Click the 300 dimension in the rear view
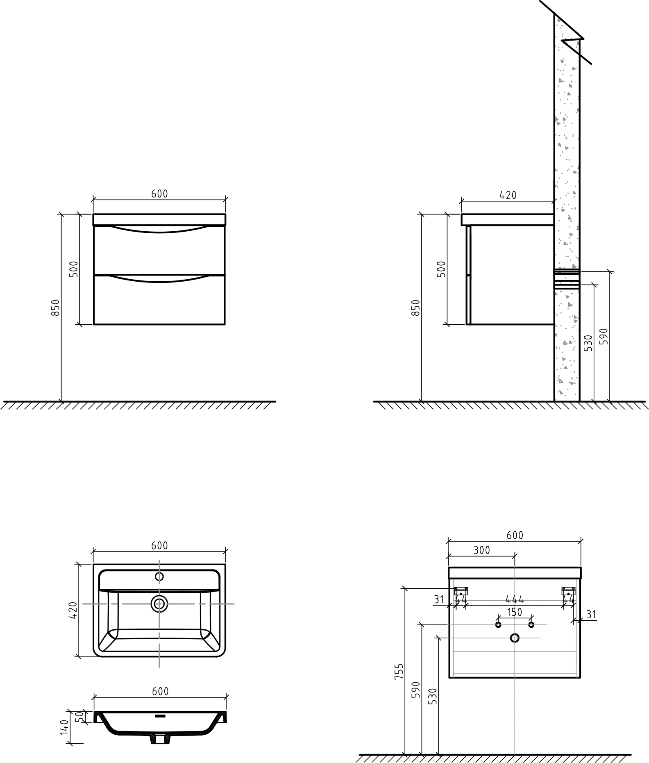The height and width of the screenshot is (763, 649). (481, 550)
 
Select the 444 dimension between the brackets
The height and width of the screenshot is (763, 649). (515, 599)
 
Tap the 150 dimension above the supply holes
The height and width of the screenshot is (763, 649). (515, 612)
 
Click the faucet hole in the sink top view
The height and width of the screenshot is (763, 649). (159, 576)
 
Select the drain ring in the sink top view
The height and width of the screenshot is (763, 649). (159, 604)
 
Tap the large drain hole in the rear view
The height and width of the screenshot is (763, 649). (515, 638)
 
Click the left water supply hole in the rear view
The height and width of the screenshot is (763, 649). (498, 624)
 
